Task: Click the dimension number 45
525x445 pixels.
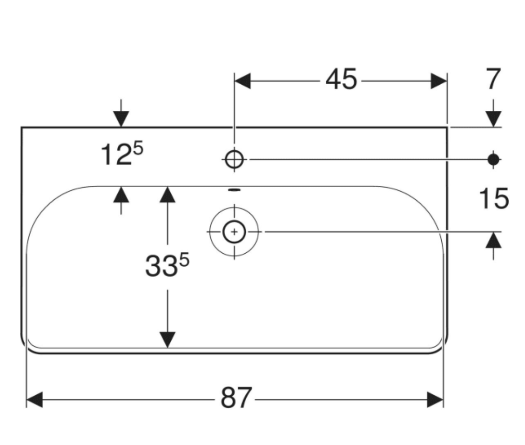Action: coord(341,80)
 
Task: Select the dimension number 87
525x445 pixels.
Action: coord(236,398)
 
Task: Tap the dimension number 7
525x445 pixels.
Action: coord(493,80)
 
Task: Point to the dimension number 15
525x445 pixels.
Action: coord(494,199)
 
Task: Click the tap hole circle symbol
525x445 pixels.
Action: coord(235,160)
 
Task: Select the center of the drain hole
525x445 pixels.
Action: coord(234,231)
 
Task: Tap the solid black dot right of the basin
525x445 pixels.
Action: coord(493,160)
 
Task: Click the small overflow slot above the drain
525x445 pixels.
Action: coord(235,190)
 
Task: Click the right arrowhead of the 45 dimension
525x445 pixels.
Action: coord(438,81)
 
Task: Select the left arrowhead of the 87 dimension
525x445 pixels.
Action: coord(34,399)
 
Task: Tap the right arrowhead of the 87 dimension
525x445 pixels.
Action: coord(435,399)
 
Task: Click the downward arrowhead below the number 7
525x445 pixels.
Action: coord(493,119)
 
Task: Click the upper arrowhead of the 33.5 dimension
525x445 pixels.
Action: coord(168,194)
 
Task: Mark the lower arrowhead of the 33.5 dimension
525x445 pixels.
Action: coord(168,339)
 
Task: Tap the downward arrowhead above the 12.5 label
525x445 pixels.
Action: coord(121,119)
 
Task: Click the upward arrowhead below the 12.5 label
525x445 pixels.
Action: coord(121,194)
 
